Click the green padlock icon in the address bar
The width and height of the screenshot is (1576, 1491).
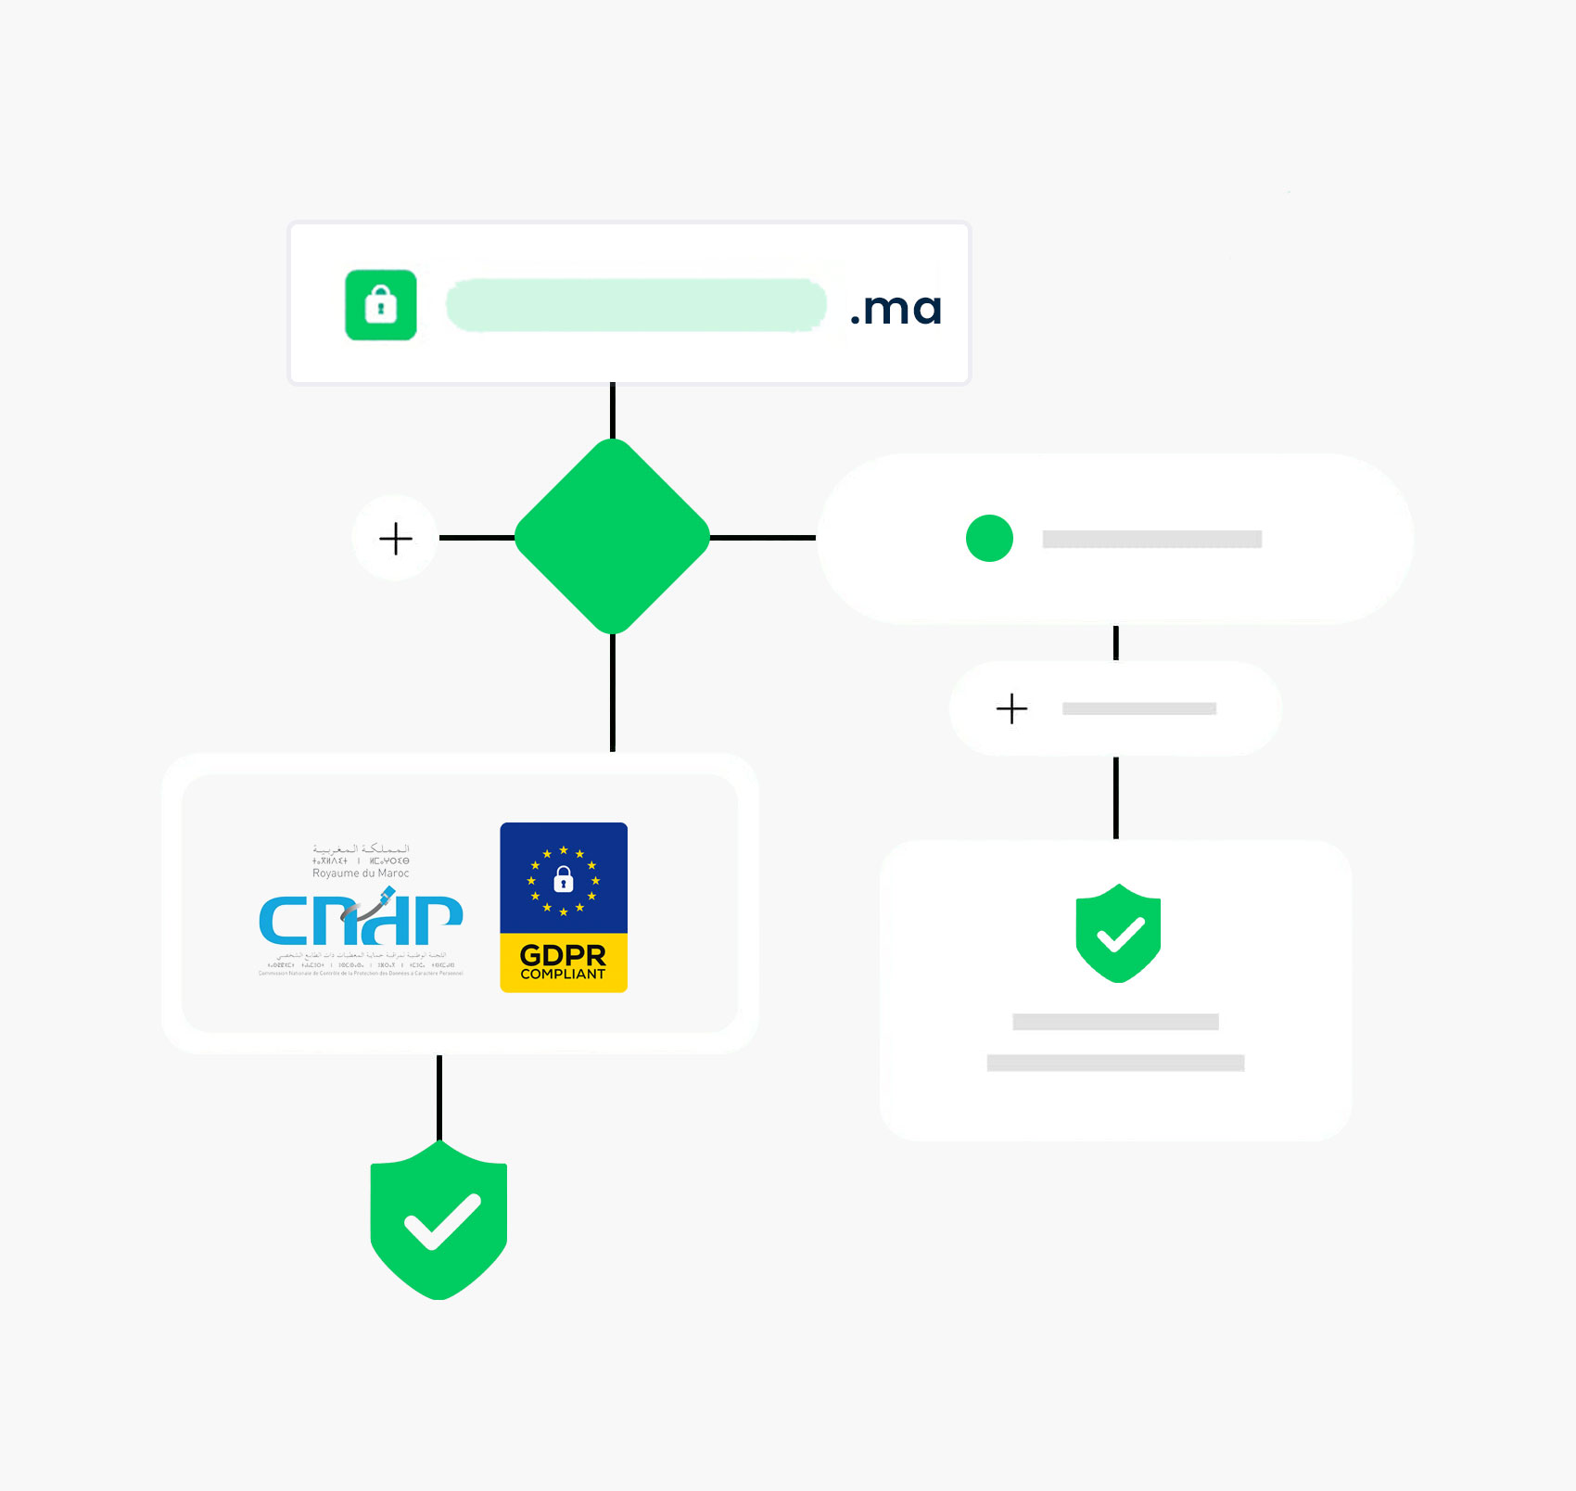380,305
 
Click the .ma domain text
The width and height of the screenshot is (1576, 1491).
896,308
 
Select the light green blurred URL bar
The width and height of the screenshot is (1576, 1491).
636,305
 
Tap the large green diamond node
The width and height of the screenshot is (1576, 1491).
612,537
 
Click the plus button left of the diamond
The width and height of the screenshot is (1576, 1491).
396,538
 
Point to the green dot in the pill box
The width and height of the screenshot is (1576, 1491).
989,538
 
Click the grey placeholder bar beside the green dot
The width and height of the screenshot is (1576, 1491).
1151,539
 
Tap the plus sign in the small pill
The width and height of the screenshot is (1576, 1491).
1011,708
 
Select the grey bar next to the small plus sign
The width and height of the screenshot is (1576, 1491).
1138,708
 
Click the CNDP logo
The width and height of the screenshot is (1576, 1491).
361,918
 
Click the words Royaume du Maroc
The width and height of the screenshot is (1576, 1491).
361,873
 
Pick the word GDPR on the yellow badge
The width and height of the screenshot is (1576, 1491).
563,954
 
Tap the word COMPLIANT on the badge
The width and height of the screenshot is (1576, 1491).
563,975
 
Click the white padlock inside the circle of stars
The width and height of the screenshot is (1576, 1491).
563,878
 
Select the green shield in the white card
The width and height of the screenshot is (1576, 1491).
1118,933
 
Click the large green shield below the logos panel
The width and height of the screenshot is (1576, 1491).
438,1219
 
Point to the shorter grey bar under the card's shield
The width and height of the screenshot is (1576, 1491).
1115,1022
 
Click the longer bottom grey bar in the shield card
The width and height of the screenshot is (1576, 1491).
1115,1063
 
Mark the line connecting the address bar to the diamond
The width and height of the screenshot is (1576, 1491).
613,411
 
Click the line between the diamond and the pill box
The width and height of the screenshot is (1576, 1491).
762,538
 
